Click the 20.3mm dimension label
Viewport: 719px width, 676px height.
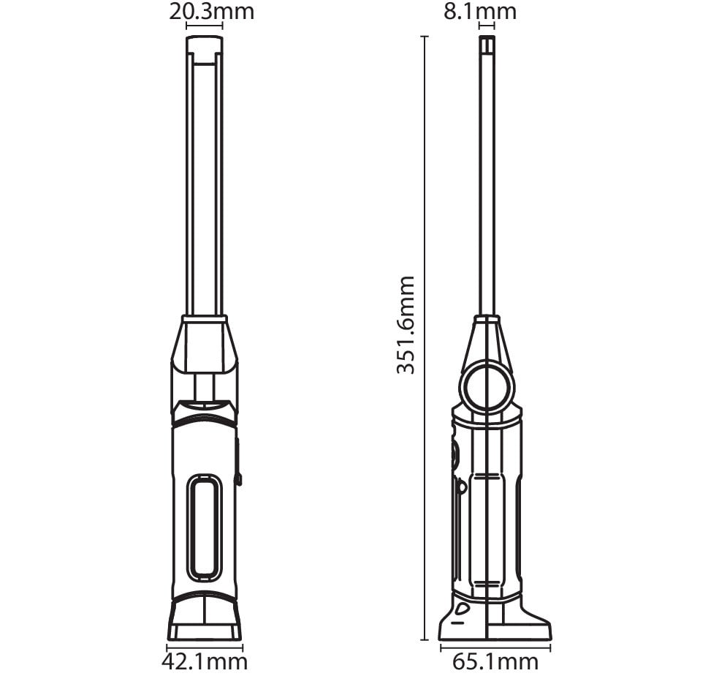tap(211, 11)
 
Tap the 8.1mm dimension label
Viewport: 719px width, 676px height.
tap(479, 11)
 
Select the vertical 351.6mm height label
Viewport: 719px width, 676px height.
tap(406, 325)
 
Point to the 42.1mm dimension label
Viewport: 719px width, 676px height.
tap(205, 662)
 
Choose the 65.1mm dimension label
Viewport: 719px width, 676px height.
tap(495, 662)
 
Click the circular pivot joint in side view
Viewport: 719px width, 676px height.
tap(487, 386)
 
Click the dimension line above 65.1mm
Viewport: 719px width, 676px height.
tap(495, 648)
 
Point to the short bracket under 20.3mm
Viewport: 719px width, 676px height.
tap(205, 26)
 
